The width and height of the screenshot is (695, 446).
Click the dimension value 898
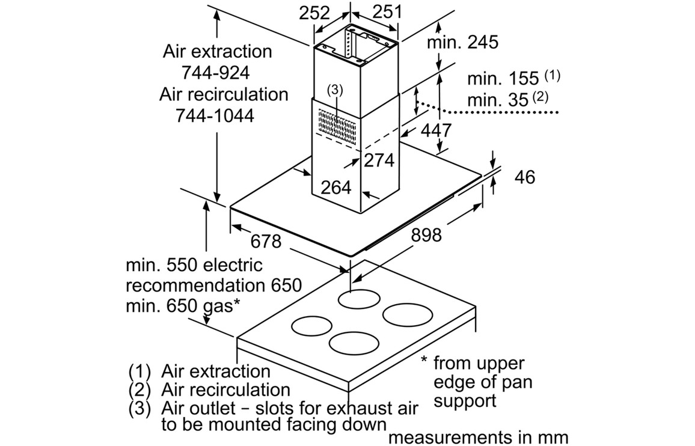[426, 234]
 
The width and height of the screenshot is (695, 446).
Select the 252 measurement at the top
[315, 13]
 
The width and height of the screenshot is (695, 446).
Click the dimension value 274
[379, 160]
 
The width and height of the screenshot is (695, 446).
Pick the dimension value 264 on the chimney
[335, 188]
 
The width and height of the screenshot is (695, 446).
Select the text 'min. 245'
[463, 41]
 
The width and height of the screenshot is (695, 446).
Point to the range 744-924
[215, 73]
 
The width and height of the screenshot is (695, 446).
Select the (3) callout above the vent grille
[335, 90]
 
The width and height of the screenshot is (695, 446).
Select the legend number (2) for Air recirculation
[139, 389]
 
